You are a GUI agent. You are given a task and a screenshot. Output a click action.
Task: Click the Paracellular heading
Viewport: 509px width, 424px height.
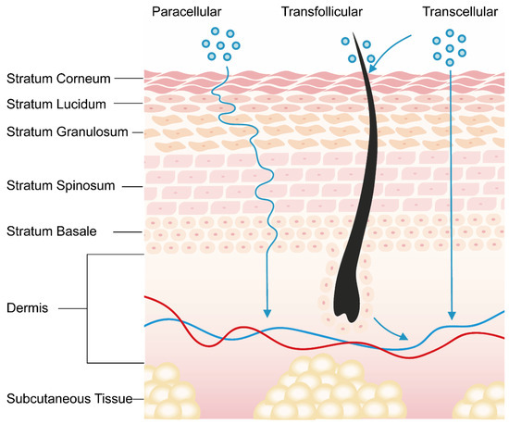[x=192, y=11]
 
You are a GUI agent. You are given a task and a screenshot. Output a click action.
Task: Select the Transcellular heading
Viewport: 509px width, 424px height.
[x=453, y=11]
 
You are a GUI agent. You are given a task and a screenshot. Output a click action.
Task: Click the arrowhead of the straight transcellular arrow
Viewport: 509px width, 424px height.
[x=451, y=314]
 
